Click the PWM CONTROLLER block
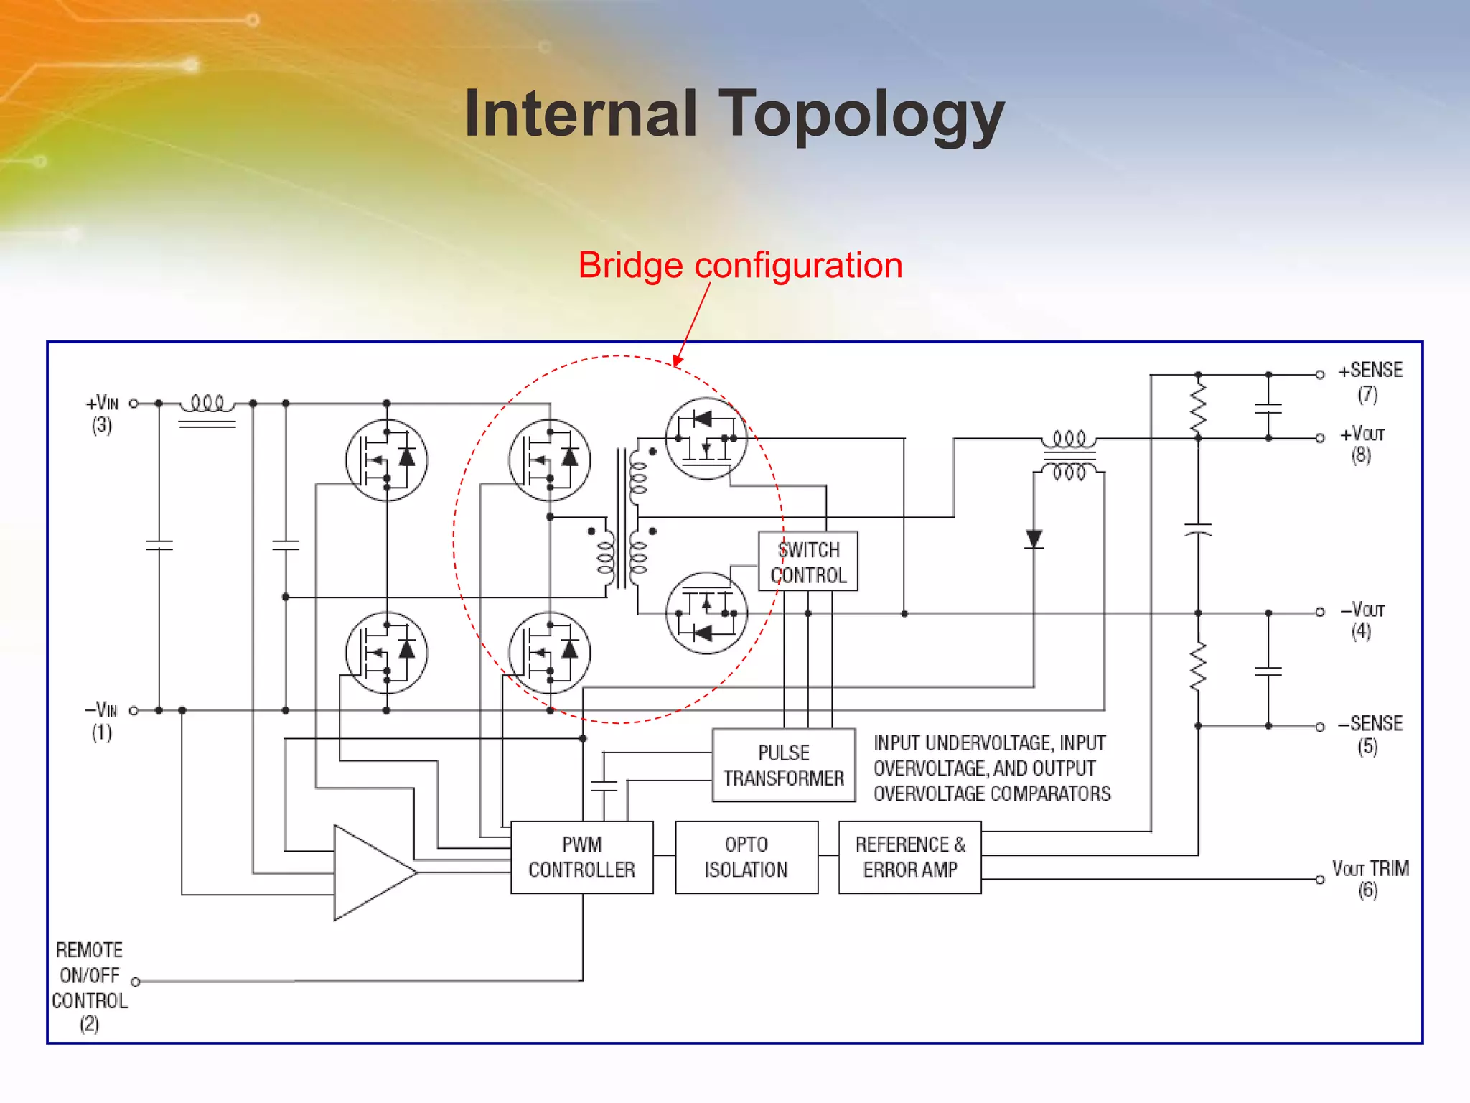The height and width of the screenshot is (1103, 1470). [x=581, y=857]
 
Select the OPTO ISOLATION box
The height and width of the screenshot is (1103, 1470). [x=746, y=857]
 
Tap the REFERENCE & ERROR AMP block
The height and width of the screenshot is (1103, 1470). [x=909, y=857]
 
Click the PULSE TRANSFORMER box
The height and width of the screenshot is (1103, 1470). [x=783, y=765]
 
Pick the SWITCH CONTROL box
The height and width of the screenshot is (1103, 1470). [x=808, y=562]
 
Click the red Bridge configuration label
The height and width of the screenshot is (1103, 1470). [x=740, y=265]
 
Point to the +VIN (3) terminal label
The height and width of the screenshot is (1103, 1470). [x=102, y=414]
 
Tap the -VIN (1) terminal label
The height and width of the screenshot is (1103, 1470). [x=101, y=720]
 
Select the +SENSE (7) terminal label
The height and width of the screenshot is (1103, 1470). [x=1370, y=381]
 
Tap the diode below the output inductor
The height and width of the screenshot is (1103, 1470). [x=1034, y=539]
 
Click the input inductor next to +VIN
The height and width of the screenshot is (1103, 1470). [x=207, y=404]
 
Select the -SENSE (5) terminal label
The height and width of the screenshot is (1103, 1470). [x=1370, y=734]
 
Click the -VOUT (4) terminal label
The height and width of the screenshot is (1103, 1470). [x=1362, y=620]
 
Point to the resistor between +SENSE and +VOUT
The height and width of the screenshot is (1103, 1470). [x=1198, y=406]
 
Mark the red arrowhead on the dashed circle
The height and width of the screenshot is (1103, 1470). [x=678, y=360]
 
